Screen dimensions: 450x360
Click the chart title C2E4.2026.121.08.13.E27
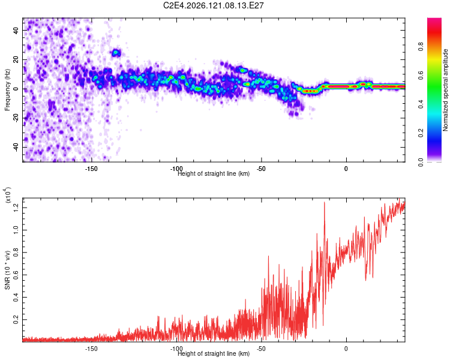click(x=213, y=5)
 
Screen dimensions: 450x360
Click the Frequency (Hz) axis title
click(x=7, y=90)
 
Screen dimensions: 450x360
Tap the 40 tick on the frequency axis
click(x=16, y=30)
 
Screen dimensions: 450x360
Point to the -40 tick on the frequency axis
click(x=16, y=146)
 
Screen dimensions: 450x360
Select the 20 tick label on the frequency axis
click(x=16, y=59)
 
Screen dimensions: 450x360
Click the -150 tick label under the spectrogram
click(x=91, y=169)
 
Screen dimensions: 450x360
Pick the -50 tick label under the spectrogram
click(x=260, y=169)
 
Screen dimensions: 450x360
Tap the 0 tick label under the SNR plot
click(x=346, y=349)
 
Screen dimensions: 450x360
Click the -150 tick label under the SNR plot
click(x=91, y=349)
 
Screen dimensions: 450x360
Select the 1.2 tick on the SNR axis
click(x=16, y=208)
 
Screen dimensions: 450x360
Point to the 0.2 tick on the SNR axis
click(x=16, y=320)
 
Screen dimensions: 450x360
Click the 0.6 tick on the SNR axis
click(x=16, y=275)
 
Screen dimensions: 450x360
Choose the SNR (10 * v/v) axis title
click(x=7, y=270)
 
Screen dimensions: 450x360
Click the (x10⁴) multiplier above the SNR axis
click(x=8, y=195)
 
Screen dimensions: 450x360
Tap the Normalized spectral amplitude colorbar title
click(x=445, y=90)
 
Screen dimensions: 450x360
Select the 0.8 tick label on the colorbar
click(x=421, y=46)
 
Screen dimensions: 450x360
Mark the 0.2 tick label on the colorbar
click(x=421, y=133)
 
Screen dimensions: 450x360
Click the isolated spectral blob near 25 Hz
click(x=116, y=53)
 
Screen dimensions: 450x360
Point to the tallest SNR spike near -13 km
click(x=325, y=202)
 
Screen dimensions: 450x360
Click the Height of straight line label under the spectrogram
click(x=214, y=173)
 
